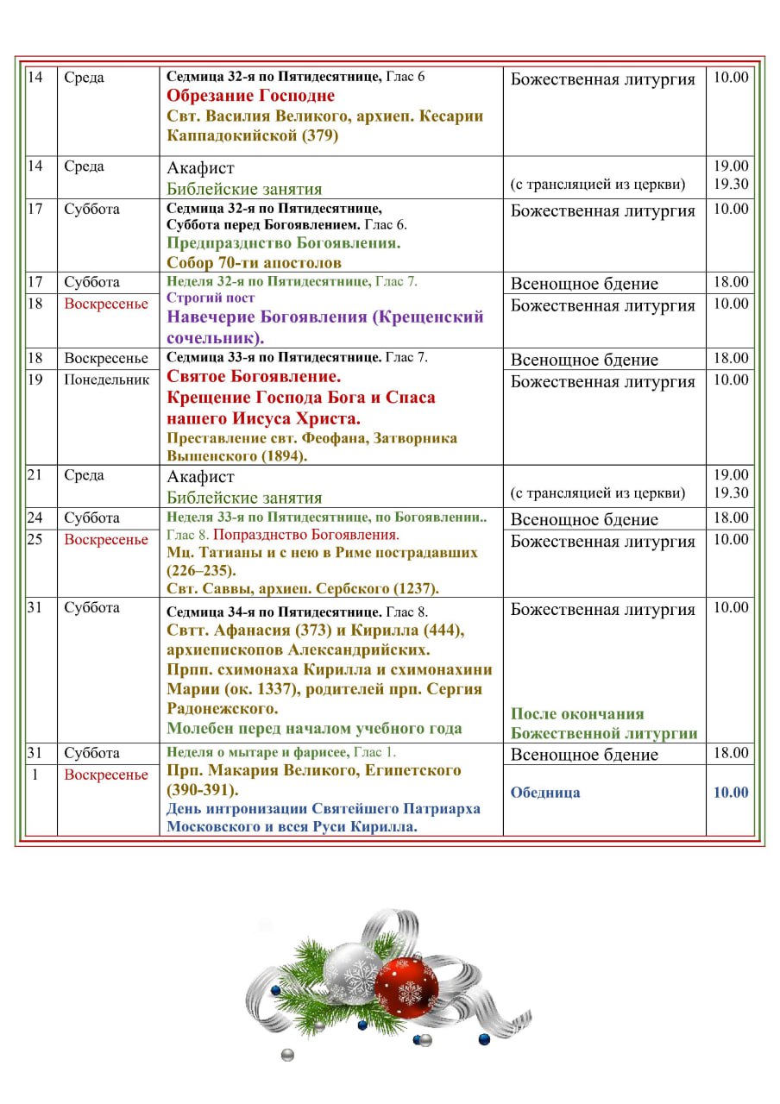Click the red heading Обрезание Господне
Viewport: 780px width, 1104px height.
(250, 96)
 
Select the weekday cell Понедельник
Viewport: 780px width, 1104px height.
(107, 379)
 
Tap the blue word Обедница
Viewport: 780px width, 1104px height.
(545, 793)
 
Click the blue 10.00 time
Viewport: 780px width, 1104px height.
(730, 793)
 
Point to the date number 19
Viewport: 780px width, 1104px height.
(35, 379)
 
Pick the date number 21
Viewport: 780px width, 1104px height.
(35, 475)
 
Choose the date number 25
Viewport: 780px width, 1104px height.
(35, 540)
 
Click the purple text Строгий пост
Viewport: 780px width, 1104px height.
(211, 298)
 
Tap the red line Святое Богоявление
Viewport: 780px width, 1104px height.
(254, 377)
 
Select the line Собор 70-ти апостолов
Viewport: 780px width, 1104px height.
(254, 263)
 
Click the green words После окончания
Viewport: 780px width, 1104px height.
(577, 714)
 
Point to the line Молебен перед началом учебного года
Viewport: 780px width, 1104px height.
(314, 729)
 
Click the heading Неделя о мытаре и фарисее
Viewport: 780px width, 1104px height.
(257, 752)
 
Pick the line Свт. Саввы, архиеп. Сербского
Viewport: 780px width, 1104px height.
(303, 589)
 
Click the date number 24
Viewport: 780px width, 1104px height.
(35, 518)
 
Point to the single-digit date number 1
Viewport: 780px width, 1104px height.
(35, 775)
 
